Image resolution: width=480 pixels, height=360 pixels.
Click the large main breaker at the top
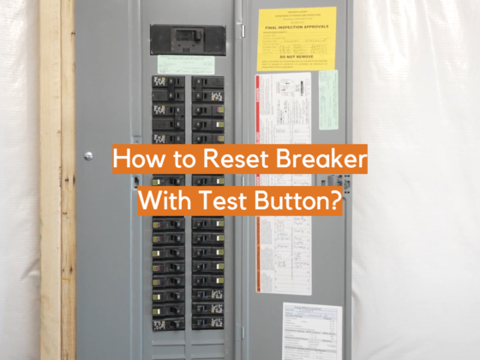click(x=188, y=39)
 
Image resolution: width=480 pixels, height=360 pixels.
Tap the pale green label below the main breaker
click(x=185, y=64)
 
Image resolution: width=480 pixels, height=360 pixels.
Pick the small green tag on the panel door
click(x=328, y=99)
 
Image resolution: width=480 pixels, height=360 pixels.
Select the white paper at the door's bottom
click(x=311, y=330)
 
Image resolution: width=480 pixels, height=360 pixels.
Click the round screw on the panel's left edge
click(x=88, y=156)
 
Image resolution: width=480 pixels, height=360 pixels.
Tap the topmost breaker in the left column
click(x=168, y=81)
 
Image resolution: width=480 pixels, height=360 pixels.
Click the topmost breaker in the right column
click(x=207, y=81)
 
